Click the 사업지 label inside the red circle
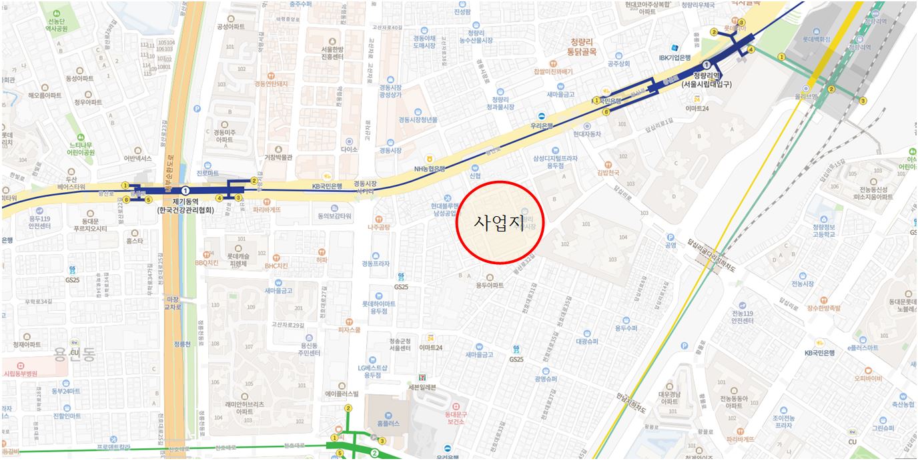point(499,223)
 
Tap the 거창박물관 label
point(279,157)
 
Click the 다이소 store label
point(349,149)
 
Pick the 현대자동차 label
point(587,134)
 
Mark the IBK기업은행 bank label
point(674,57)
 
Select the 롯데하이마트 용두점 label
point(379,307)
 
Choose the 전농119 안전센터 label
point(742,317)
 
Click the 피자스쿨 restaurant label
point(349,330)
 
